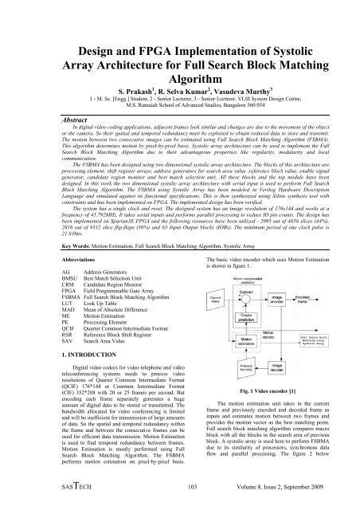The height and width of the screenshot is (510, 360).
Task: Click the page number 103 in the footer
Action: (x=179, y=488)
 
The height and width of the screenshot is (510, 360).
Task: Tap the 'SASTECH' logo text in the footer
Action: (x=41, y=488)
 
